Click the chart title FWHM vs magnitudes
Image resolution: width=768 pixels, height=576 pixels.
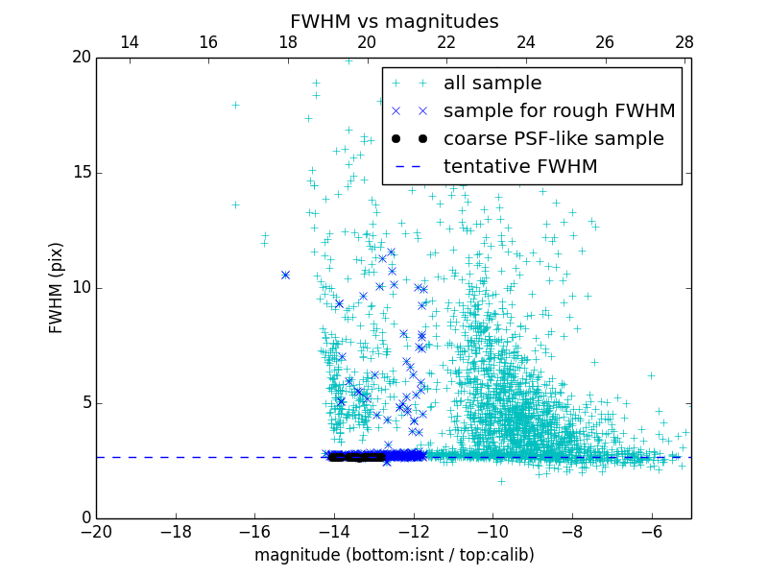coord(394,21)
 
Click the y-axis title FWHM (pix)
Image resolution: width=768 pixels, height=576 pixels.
coord(57,288)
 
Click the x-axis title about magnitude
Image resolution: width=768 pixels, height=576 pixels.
coord(394,555)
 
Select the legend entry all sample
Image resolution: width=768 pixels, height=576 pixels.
coord(492,84)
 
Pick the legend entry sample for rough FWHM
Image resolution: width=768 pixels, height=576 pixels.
coord(559,111)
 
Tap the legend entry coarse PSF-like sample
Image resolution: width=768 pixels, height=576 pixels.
coord(553,139)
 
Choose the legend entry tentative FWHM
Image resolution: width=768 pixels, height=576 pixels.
coord(520,167)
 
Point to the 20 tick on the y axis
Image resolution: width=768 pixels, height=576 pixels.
coord(81,58)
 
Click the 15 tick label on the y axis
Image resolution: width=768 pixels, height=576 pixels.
coord(81,173)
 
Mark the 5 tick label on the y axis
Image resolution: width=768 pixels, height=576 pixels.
coord(85,403)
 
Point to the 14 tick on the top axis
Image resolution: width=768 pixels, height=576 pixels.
coord(129,42)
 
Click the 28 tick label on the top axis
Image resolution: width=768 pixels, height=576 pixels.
coord(684,42)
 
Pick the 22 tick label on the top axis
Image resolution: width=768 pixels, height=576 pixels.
coord(446,42)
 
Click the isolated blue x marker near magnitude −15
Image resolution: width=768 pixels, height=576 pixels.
coord(285,275)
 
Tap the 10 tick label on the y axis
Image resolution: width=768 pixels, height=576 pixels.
coord(81,288)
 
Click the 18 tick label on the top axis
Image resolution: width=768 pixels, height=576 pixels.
coord(288,42)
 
